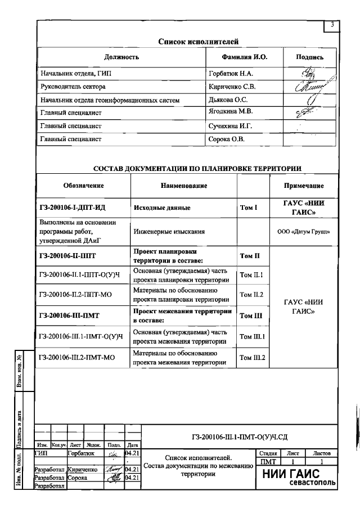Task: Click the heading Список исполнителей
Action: [x=198, y=41]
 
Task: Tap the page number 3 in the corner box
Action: [x=332, y=25]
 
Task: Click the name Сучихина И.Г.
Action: [x=231, y=126]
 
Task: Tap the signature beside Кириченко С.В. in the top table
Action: [x=309, y=87]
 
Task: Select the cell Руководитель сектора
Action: [x=73, y=87]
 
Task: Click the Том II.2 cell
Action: [x=253, y=295]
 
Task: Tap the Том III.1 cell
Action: [x=253, y=336]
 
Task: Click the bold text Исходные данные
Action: [x=161, y=208]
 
